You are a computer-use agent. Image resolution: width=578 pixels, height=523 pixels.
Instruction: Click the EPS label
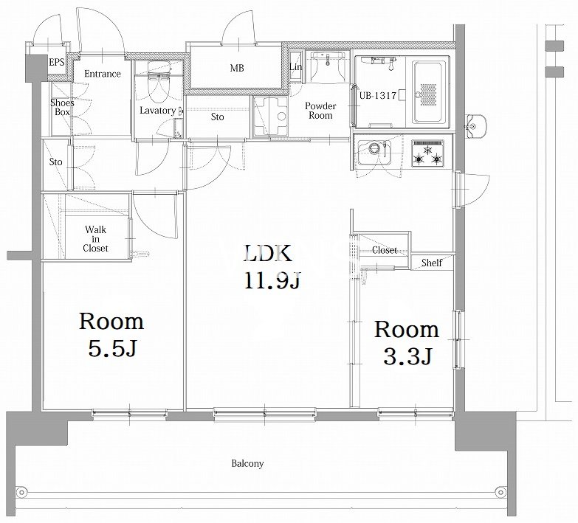56,62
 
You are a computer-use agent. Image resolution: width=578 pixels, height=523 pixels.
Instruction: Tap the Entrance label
103,74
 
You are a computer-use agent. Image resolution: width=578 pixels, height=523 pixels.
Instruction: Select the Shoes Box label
62,107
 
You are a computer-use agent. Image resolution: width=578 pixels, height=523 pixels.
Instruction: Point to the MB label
237,68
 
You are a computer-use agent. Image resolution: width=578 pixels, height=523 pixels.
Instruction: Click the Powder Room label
320,111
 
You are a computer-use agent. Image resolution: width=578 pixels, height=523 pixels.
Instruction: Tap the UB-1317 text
378,96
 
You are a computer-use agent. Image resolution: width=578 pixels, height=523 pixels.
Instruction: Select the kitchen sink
374,152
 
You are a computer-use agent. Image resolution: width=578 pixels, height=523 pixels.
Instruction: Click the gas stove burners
427,153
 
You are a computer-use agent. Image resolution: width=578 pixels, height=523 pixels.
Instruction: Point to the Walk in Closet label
95,239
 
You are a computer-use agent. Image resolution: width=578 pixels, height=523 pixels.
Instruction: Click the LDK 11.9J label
272,267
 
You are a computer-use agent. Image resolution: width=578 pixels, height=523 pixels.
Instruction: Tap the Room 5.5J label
111,335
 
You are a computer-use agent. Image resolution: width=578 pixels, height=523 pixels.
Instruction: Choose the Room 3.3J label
407,343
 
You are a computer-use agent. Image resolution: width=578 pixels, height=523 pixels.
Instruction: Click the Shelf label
432,263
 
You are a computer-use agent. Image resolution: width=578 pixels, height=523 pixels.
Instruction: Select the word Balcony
247,463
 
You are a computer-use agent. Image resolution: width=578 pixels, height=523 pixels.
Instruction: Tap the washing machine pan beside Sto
270,117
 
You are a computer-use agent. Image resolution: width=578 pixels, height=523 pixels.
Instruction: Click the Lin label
295,67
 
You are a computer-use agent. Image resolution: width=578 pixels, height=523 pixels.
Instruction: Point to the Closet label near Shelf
385,251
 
